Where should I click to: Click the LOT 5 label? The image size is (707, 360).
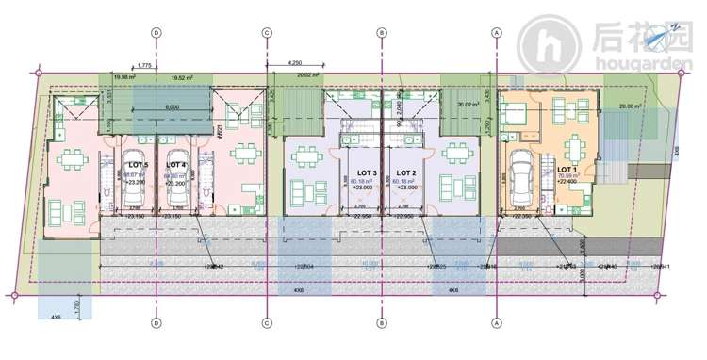coord(136,164)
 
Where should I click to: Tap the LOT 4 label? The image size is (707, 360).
coord(176,164)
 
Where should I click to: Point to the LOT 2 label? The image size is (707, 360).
coord(405,173)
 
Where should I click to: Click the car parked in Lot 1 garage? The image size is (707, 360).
coord(521,176)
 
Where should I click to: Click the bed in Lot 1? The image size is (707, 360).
coord(518,117)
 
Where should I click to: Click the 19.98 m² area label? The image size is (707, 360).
coord(123,78)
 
